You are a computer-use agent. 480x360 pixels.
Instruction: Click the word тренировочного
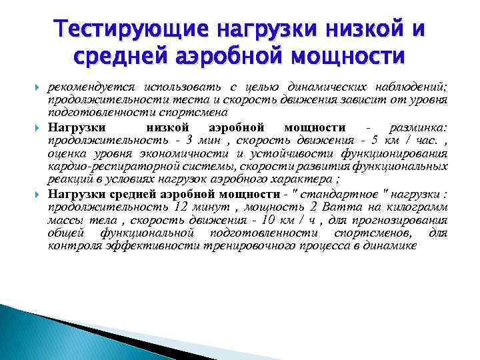pos(251,246)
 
